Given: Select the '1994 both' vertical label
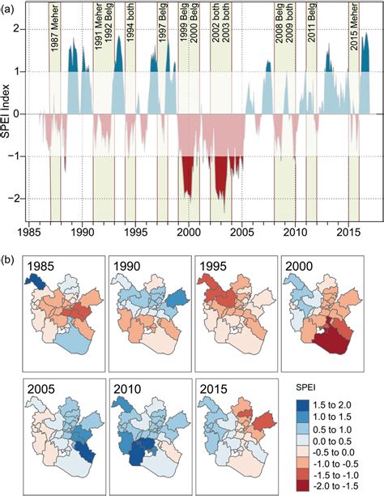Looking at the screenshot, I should click(x=130, y=36).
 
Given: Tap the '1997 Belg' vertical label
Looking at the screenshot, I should click(x=162, y=36).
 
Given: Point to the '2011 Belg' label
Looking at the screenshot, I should click(x=311, y=36).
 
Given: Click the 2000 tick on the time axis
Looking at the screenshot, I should click(x=188, y=230).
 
